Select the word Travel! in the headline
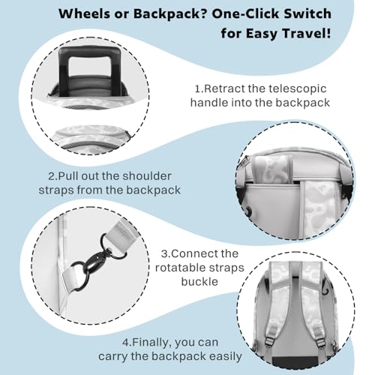[307, 34]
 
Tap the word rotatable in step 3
[178, 268]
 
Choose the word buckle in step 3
[199, 282]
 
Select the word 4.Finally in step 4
[145, 342]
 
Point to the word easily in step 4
[226, 357]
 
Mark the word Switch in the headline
[306, 13]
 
